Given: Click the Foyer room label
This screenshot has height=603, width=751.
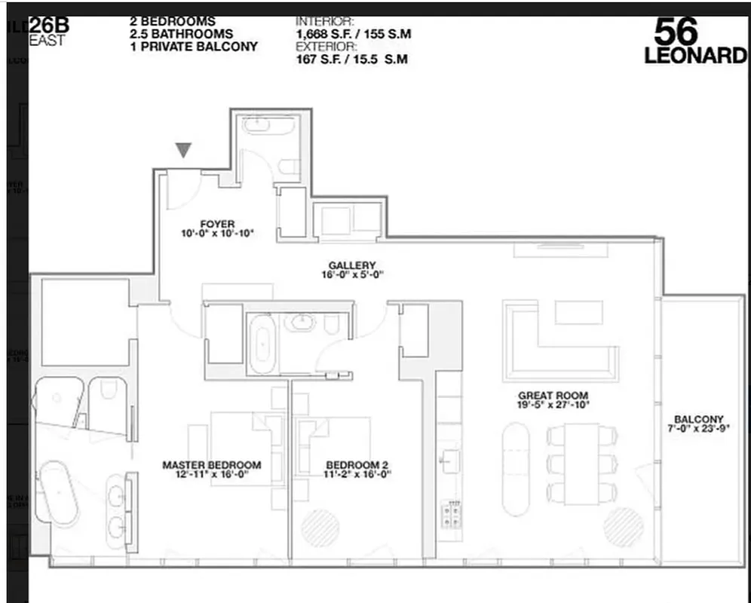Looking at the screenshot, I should pyautogui.click(x=217, y=224).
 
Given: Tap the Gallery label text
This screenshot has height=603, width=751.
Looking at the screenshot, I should pyautogui.click(x=351, y=265).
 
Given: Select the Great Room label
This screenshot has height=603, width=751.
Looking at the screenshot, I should pyautogui.click(x=553, y=396).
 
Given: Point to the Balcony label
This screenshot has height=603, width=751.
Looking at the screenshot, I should pyautogui.click(x=698, y=420).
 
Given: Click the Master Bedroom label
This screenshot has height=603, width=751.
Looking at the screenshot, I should pyautogui.click(x=211, y=465).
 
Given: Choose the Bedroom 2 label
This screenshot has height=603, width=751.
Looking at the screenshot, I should pyautogui.click(x=357, y=465).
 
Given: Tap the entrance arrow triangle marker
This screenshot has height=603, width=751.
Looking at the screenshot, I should pyautogui.click(x=182, y=150).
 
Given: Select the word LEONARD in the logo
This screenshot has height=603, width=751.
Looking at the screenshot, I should pyautogui.click(x=694, y=56).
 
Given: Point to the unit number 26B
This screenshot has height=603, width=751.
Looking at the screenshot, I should pyautogui.click(x=50, y=26).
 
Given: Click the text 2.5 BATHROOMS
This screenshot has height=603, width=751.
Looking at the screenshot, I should pyautogui.click(x=180, y=34).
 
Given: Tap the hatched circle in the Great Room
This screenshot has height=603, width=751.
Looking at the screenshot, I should pyautogui.click(x=624, y=527).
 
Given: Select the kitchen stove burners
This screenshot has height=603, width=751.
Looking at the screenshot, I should pyautogui.click(x=451, y=515).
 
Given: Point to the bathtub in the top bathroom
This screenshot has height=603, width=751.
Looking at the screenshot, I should pyautogui.click(x=268, y=125).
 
